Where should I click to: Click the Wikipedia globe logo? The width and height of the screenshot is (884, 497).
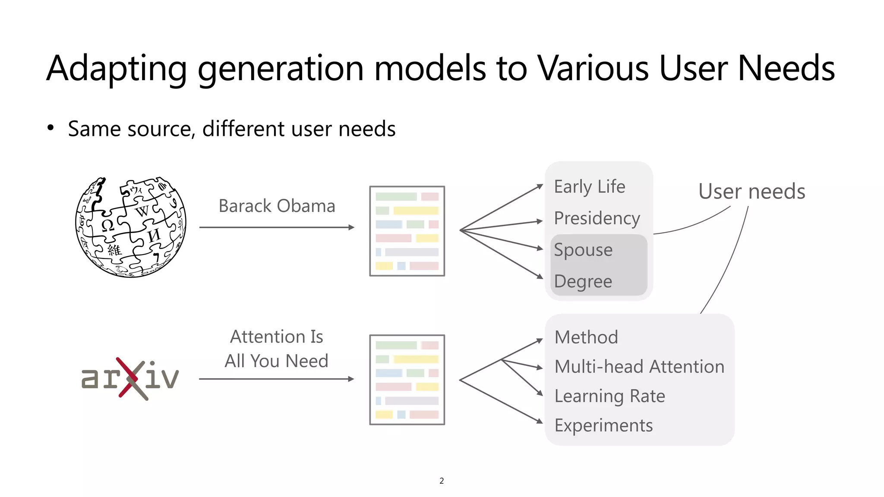[x=131, y=227]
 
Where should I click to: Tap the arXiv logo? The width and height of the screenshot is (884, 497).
[x=130, y=378]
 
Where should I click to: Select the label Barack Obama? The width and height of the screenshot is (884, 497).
[x=277, y=206]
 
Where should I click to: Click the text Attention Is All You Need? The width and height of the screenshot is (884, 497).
[x=276, y=349]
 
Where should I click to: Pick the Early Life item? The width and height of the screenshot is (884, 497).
[x=589, y=187]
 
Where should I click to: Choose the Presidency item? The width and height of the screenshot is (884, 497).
[x=597, y=218]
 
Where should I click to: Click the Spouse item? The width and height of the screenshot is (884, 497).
[x=583, y=250]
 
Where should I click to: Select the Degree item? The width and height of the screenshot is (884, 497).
[x=583, y=281]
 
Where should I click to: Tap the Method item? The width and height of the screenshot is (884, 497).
[x=586, y=337]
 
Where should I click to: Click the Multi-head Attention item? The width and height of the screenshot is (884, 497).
[x=639, y=367]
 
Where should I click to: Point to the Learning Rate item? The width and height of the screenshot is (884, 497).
[x=609, y=396]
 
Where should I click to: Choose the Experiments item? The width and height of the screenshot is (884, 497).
[x=603, y=425]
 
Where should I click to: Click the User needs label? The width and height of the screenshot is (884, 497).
[x=751, y=192]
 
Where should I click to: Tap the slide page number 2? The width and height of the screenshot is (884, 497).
[x=442, y=481]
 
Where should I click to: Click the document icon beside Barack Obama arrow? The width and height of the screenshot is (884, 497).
[x=407, y=231]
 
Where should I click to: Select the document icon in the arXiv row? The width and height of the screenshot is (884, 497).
[x=407, y=380]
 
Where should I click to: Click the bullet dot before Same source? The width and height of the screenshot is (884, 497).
[x=51, y=128]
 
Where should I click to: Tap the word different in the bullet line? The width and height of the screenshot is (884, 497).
[x=244, y=129]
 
